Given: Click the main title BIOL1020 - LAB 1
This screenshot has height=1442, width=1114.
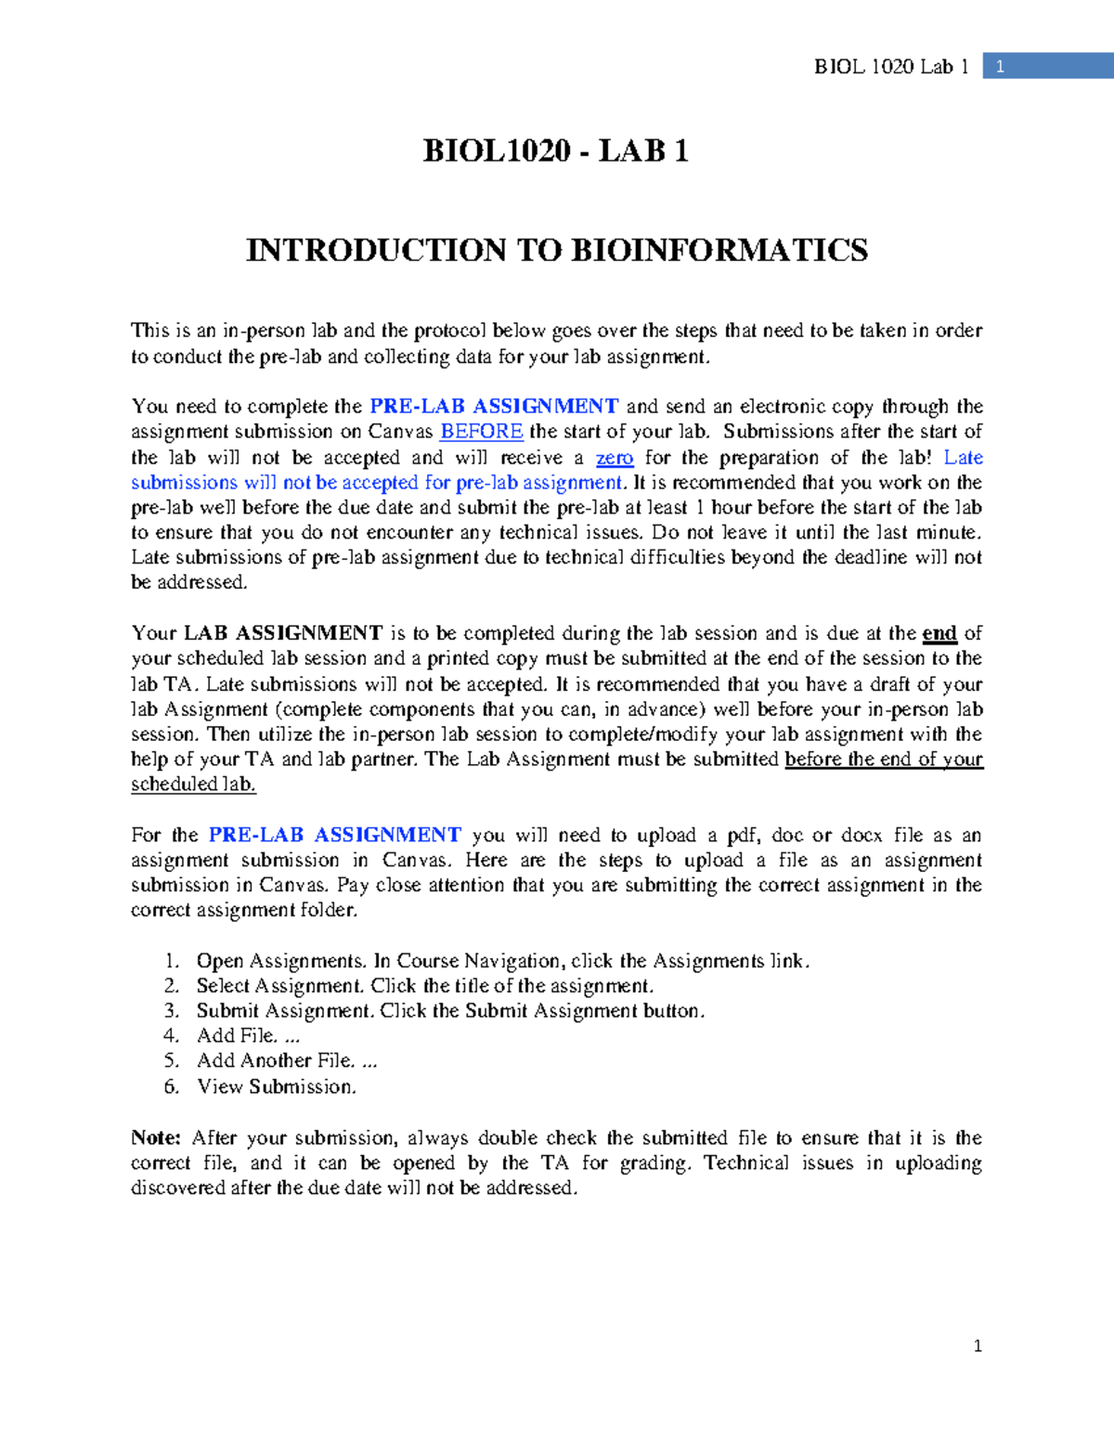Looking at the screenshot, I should click(x=555, y=150).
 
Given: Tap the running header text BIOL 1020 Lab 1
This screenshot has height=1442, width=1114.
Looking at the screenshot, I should click(x=890, y=66).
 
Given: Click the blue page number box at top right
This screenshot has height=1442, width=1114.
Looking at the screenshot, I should click(x=1047, y=66).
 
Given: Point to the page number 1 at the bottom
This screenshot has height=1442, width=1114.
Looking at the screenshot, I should click(x=978, y=1345).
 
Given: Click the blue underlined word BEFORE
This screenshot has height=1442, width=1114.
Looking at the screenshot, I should click(x=481, y=432).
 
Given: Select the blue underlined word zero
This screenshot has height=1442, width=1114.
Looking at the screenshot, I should click(x=615, y=457).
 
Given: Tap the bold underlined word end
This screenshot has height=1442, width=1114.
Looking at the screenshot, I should click(x=939, y=633).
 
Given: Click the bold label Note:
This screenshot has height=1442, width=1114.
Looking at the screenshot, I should click(x=156, y=1137).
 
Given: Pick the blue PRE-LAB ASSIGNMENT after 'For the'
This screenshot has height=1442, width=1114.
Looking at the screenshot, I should click(x=334, y=835).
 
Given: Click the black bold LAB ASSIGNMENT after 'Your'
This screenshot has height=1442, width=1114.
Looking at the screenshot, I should click(x=283, y=633).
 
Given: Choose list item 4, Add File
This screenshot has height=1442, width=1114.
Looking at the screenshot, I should click(x=248, y=1035).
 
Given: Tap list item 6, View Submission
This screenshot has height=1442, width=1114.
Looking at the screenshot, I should click(x=276, y=1086).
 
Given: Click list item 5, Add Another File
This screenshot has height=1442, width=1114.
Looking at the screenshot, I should click(x=286, y=1060).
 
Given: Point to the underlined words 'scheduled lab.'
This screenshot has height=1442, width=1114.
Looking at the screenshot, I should click(x=193, y=784).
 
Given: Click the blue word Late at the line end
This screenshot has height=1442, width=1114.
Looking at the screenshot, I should click(x=963, y=457).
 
